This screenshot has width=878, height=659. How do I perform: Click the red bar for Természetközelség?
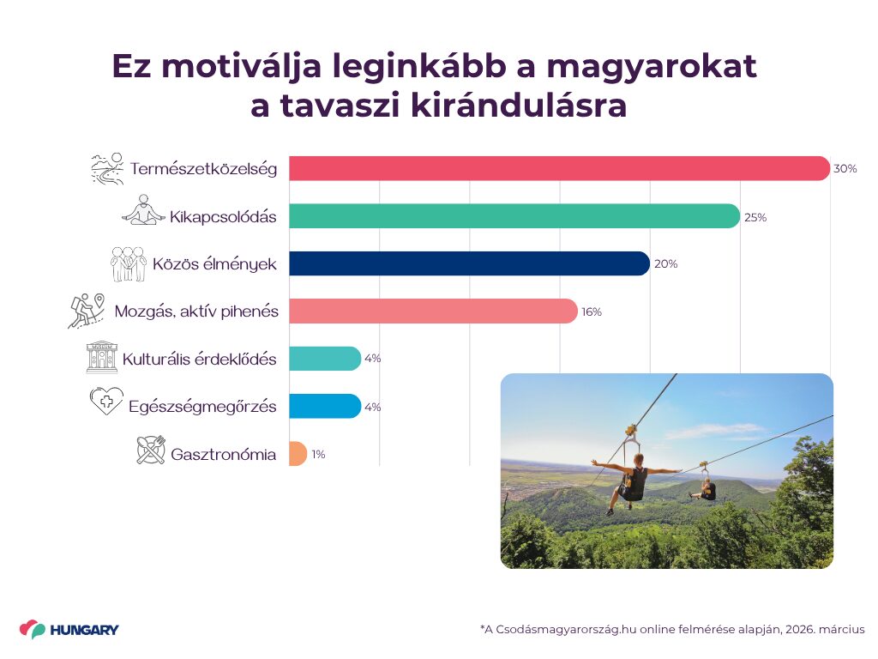pyautogui.click(x=559, y=168)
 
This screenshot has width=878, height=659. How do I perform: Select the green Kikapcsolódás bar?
pyautogui.click(x=514, y=216)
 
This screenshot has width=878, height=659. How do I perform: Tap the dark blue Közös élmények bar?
pyautogui.click(x=469, y=263)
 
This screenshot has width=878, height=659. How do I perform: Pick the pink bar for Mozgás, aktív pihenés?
pyautogui.click(x=433, y=311)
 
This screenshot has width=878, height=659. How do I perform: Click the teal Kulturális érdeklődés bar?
pyautogui.click(x=325, y=359)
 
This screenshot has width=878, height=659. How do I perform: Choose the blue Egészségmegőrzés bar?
pyautogui.click(x=325, y=406)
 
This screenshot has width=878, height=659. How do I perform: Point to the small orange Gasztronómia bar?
pyautogui.click(x=298, y=454)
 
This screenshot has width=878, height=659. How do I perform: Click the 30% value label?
pyautogui.click(x=845, y=169)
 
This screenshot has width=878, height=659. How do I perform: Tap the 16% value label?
pyautogui.click(x=592, y=312)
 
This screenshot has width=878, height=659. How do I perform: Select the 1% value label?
pyautogui.click(x=319, y=455)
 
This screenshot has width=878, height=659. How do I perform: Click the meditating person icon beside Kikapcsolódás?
pyautogui.click(x=144, y=210)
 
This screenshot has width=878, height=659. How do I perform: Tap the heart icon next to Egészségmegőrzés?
pyautogui.click(x=106, y=402)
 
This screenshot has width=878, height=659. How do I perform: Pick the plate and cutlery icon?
pyautogui.click(x=151, y=450)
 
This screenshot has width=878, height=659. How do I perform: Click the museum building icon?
pyautogui.click(x=102, y=357)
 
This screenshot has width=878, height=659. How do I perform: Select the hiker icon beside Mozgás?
pyautogui.click(x=87, y=311)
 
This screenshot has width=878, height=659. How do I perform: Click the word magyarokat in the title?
pyautogui.click(x=652, y=67)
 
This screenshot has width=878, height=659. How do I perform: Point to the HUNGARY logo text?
pyautogui.click(x=85, y=630)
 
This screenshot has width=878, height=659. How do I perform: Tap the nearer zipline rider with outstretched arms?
pyautogui.click(x=634, y=482)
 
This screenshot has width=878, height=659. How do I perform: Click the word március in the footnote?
pyautogui.click(x=842, y=629)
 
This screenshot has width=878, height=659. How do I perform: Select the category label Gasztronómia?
pyautogui.click(x=224, y=454)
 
